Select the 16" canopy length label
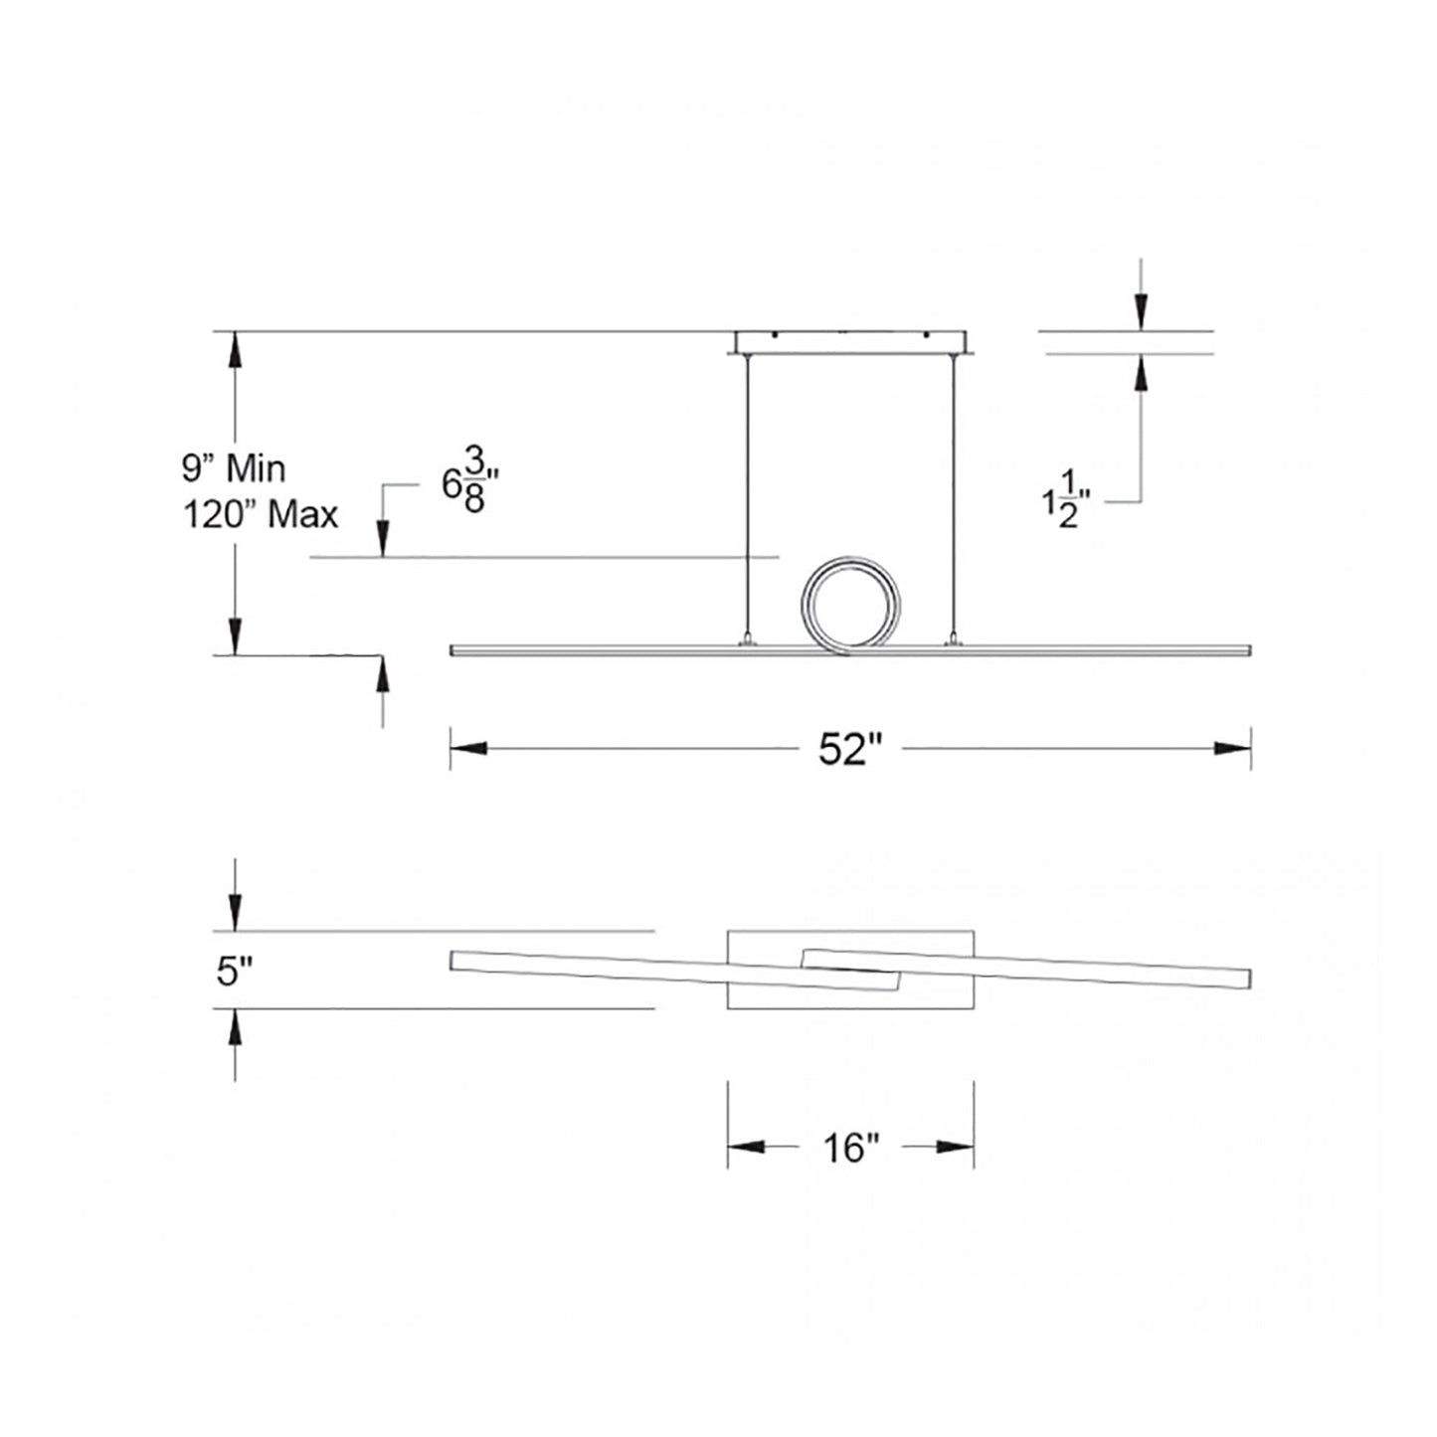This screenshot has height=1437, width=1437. tap(851, 1148)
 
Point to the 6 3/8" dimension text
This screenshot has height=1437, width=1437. tap(469, 485)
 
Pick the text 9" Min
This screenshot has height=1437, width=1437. tap(234, 467)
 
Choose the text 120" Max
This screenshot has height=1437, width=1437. tap(261, 515)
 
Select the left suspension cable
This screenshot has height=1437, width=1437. tap(747, 497)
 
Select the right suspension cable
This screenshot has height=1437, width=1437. tap(955, 497)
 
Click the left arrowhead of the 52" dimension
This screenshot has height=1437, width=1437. tap(468, 749)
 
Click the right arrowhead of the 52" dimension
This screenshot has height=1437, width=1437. tap(1232, 749)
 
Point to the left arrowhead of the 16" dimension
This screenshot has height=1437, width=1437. tap(746, 1148)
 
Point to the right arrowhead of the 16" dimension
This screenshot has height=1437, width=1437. tap(956, 1148)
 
